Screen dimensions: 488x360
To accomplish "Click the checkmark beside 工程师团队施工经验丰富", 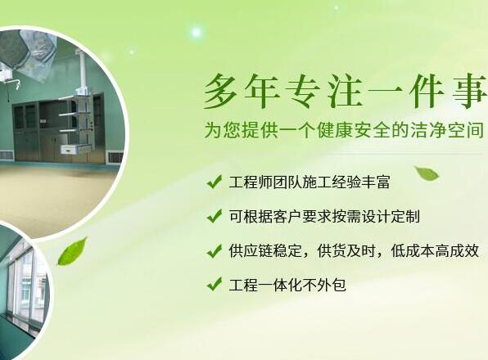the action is [215, 182].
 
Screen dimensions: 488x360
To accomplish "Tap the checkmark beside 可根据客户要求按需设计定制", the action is [215, 216].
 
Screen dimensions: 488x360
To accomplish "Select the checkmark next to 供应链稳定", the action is [215, 250].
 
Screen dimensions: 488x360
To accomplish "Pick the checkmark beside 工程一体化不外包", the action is [215, 284].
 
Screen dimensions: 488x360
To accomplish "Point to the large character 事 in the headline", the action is [469, 92].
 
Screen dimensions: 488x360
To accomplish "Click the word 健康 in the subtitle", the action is [337, 130].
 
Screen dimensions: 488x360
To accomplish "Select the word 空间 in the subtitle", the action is [466, 130].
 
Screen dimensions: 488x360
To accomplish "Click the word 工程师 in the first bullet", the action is [251, 182].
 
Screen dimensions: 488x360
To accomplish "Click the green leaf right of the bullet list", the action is [427, 173].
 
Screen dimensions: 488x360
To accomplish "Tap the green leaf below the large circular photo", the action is [73, 251].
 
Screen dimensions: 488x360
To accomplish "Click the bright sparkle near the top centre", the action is [197, 32].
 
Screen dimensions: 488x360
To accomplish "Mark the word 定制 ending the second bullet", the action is [405, 216].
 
